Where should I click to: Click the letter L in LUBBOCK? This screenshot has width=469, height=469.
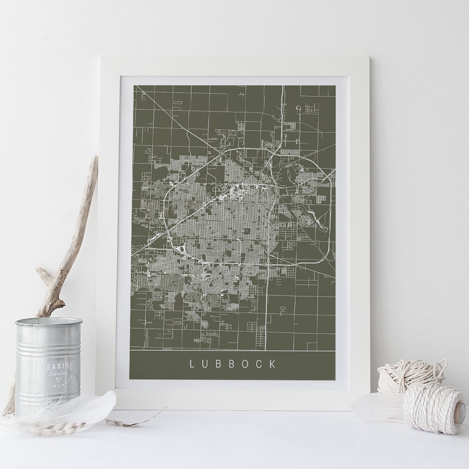[x=191, y=364]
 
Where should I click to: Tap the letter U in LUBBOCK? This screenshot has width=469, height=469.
[x=204, y=364]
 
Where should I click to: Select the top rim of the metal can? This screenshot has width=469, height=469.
[x=48, y=322]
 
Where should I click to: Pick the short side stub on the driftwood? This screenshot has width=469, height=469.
[x=43, y=274]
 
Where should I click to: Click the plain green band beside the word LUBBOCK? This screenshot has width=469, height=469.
[x=154, y=364]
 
